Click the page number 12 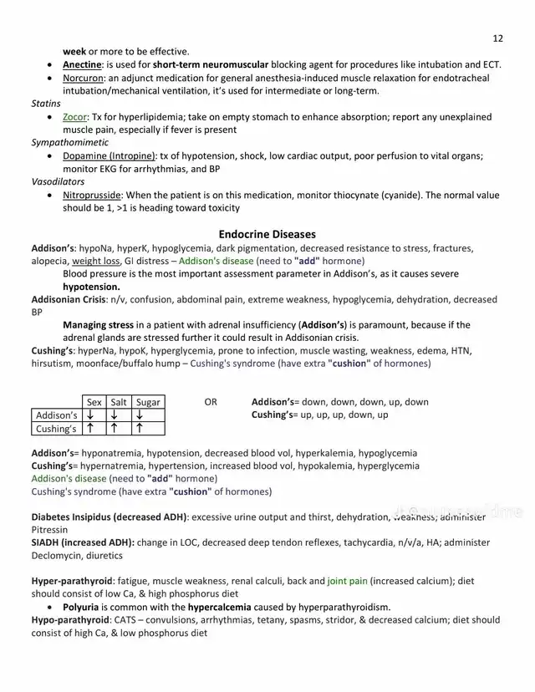(498, 38)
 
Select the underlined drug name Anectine (83, 64)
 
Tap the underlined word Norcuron (85, 78)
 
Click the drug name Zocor (75, 117)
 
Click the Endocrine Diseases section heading (267, 234)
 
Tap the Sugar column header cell (147, 402)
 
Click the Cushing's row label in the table (56, 429)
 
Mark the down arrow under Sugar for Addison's (140, 415)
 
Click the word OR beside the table (210, 402)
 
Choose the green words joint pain (347, 581)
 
